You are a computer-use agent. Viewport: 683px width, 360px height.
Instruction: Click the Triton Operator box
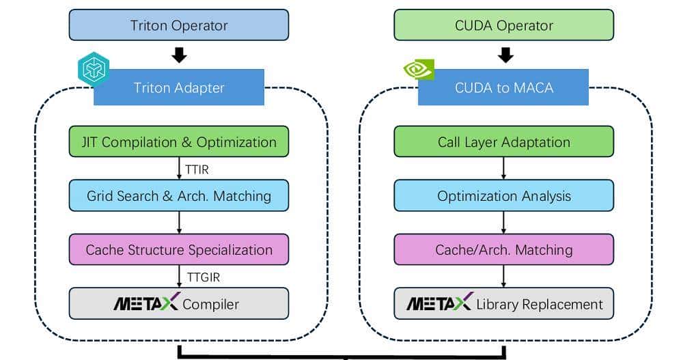[179, 25]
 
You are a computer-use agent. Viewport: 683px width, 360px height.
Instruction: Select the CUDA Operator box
[503, 25]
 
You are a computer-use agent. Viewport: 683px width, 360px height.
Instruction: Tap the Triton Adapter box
[179, 87]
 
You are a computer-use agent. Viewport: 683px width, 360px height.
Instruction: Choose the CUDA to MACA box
[503, 87]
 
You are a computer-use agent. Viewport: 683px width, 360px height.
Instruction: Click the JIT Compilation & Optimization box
[179, 142]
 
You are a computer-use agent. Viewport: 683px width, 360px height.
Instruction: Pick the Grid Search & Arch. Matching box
[179, 196]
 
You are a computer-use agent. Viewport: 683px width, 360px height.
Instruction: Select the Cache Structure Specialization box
[179, 249]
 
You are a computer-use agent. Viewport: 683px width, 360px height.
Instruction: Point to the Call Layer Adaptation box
[503, 142]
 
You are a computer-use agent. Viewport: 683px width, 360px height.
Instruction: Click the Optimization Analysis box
[503, 196]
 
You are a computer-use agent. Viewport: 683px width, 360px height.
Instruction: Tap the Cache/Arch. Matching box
[503, 249]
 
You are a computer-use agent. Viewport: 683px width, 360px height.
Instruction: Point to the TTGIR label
[202, 277]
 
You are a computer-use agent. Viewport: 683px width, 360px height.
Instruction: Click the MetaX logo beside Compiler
[145, 303]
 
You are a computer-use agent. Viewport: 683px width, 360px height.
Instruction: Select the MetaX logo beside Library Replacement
[438, 303]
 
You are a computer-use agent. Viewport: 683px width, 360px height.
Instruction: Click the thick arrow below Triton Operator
[179, 55]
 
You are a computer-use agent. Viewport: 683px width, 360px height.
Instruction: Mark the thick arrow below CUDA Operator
[505, 55]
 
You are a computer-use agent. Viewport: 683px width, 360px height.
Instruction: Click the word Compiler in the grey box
[211, 303]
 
